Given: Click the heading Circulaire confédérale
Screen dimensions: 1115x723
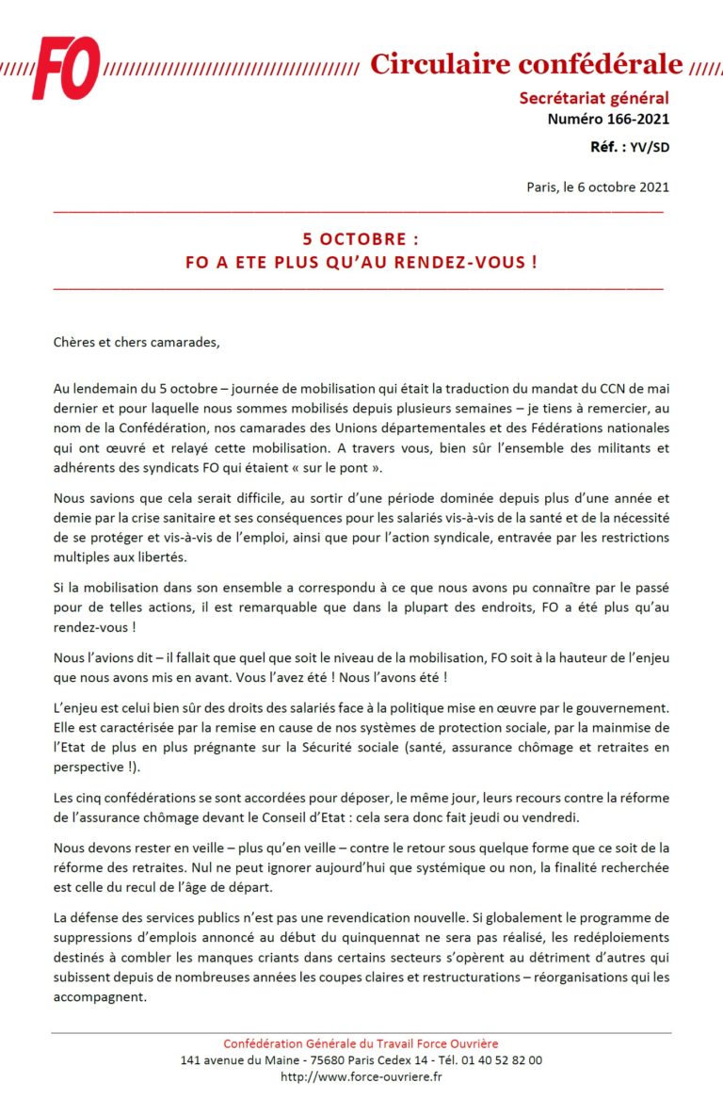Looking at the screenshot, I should click(525, 64).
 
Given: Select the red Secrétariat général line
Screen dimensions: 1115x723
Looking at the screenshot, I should click(594, 99).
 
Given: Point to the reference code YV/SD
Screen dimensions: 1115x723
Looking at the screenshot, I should click(649, 147).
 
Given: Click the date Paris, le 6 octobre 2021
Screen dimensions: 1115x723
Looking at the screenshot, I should click(598, 186).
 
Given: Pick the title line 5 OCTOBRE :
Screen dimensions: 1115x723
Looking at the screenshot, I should click(361, 239).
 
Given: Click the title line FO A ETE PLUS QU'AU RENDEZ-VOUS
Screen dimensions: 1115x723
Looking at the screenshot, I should click(361, 262).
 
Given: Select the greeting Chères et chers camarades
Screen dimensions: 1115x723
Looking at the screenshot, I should click(137, 341).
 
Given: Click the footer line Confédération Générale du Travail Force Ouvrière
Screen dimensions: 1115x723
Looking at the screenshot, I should click(361, 1043).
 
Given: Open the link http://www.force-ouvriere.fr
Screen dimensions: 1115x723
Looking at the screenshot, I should click(361, 1076).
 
